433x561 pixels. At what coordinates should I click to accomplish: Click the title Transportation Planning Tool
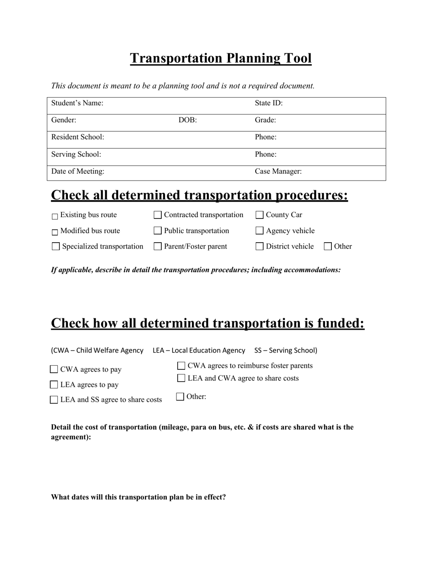(221, 58)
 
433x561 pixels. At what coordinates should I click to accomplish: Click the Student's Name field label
(77, 104)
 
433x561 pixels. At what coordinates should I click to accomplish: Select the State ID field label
(268, 104)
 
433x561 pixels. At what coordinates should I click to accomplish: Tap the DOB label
(187, 120)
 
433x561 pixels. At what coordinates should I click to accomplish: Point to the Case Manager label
(278, 172)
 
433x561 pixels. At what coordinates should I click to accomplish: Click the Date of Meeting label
(77, 172)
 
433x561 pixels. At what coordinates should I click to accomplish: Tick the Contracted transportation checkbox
(158, 215)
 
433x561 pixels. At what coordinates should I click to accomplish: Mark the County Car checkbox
(260, 215)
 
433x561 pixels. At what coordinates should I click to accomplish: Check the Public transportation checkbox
(158, 231)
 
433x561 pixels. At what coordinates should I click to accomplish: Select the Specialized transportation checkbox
(56, 247)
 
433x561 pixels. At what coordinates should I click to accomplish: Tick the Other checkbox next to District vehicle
(328, 247)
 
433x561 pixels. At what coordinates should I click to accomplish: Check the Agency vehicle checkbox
(260, 231)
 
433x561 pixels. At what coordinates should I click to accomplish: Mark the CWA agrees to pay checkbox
(54, 369)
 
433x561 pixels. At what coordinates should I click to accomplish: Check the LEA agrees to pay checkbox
(54, 385)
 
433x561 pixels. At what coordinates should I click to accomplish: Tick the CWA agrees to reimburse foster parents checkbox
(181, 366)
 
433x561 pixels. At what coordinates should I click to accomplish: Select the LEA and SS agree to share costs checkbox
(54, 400)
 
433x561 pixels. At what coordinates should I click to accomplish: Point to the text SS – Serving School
(286, 350)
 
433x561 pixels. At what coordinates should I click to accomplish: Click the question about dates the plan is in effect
(138, 497)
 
